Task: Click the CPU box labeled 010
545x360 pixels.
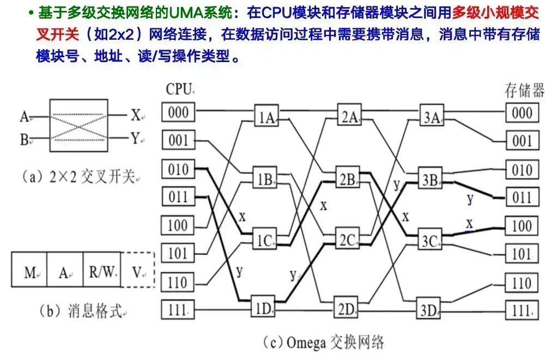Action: coord(178,169)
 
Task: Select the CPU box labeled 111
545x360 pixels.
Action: coord(178,310)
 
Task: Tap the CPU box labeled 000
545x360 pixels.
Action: coord(178,112)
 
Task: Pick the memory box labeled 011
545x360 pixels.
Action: coord(521,197)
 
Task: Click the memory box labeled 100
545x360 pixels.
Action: coord(521,225)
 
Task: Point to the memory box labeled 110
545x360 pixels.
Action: coord(521,282)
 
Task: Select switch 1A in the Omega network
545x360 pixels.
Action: coord(266,118)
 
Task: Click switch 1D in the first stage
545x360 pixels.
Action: coord(264,310)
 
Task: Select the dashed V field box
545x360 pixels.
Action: coord(137,272)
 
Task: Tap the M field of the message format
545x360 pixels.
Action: coord(30,272)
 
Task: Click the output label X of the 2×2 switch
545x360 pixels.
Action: coord(136,115)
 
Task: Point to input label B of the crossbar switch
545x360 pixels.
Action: coord(24,140)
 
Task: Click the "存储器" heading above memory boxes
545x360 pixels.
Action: coord(524,90)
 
